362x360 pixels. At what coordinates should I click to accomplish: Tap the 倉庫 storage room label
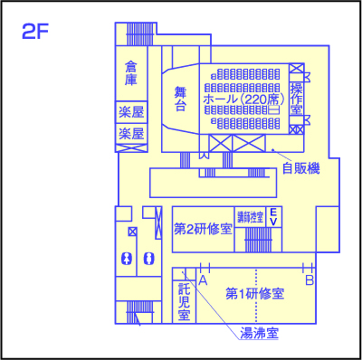pyautogui.click(x=132, y=73)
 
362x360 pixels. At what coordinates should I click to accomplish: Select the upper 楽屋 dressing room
pyautogui.click(x=132, y=113)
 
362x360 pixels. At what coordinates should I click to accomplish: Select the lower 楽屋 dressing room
pyautogui.click(x=132, y=134)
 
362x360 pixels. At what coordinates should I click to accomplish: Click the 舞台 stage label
pyautogui.click(x=180, y=99)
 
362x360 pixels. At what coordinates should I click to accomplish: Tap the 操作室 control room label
pyautogui.click(x=296, y=98)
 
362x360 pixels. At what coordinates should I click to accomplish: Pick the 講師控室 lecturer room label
pyautogui.click(x=251, y=217)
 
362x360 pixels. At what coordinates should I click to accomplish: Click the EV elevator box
pyautogui.click(x=272, y=217)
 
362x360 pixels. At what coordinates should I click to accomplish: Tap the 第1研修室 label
pyautogui.click(x=255, y=295)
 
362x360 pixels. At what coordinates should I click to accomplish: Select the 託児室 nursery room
pyautogui.click(x=184, y=301)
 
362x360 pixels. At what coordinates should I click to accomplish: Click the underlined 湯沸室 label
pyautogui.click(x=258, y=333)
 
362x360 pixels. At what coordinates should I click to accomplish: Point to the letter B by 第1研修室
pyautogui.click(x=310, y=281)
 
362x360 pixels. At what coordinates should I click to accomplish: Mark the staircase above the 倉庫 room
pyautogui.click(x=141, y=34)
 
